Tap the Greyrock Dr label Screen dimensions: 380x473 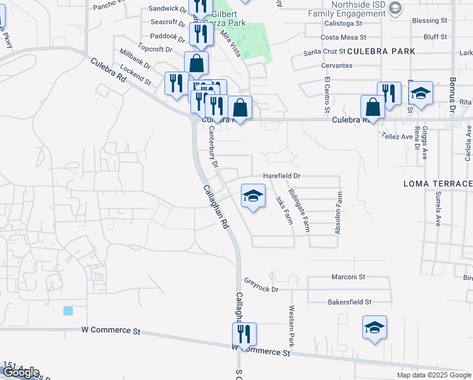[x=261, y=289]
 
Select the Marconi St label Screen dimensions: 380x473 [x=348, y=277]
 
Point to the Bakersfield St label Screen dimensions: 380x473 [x=350, y=302]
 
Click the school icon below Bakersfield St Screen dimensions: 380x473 [x=374, y=327]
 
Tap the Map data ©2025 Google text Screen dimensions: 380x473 [x=433, y=375]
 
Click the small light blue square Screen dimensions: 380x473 [x=68, y=311]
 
